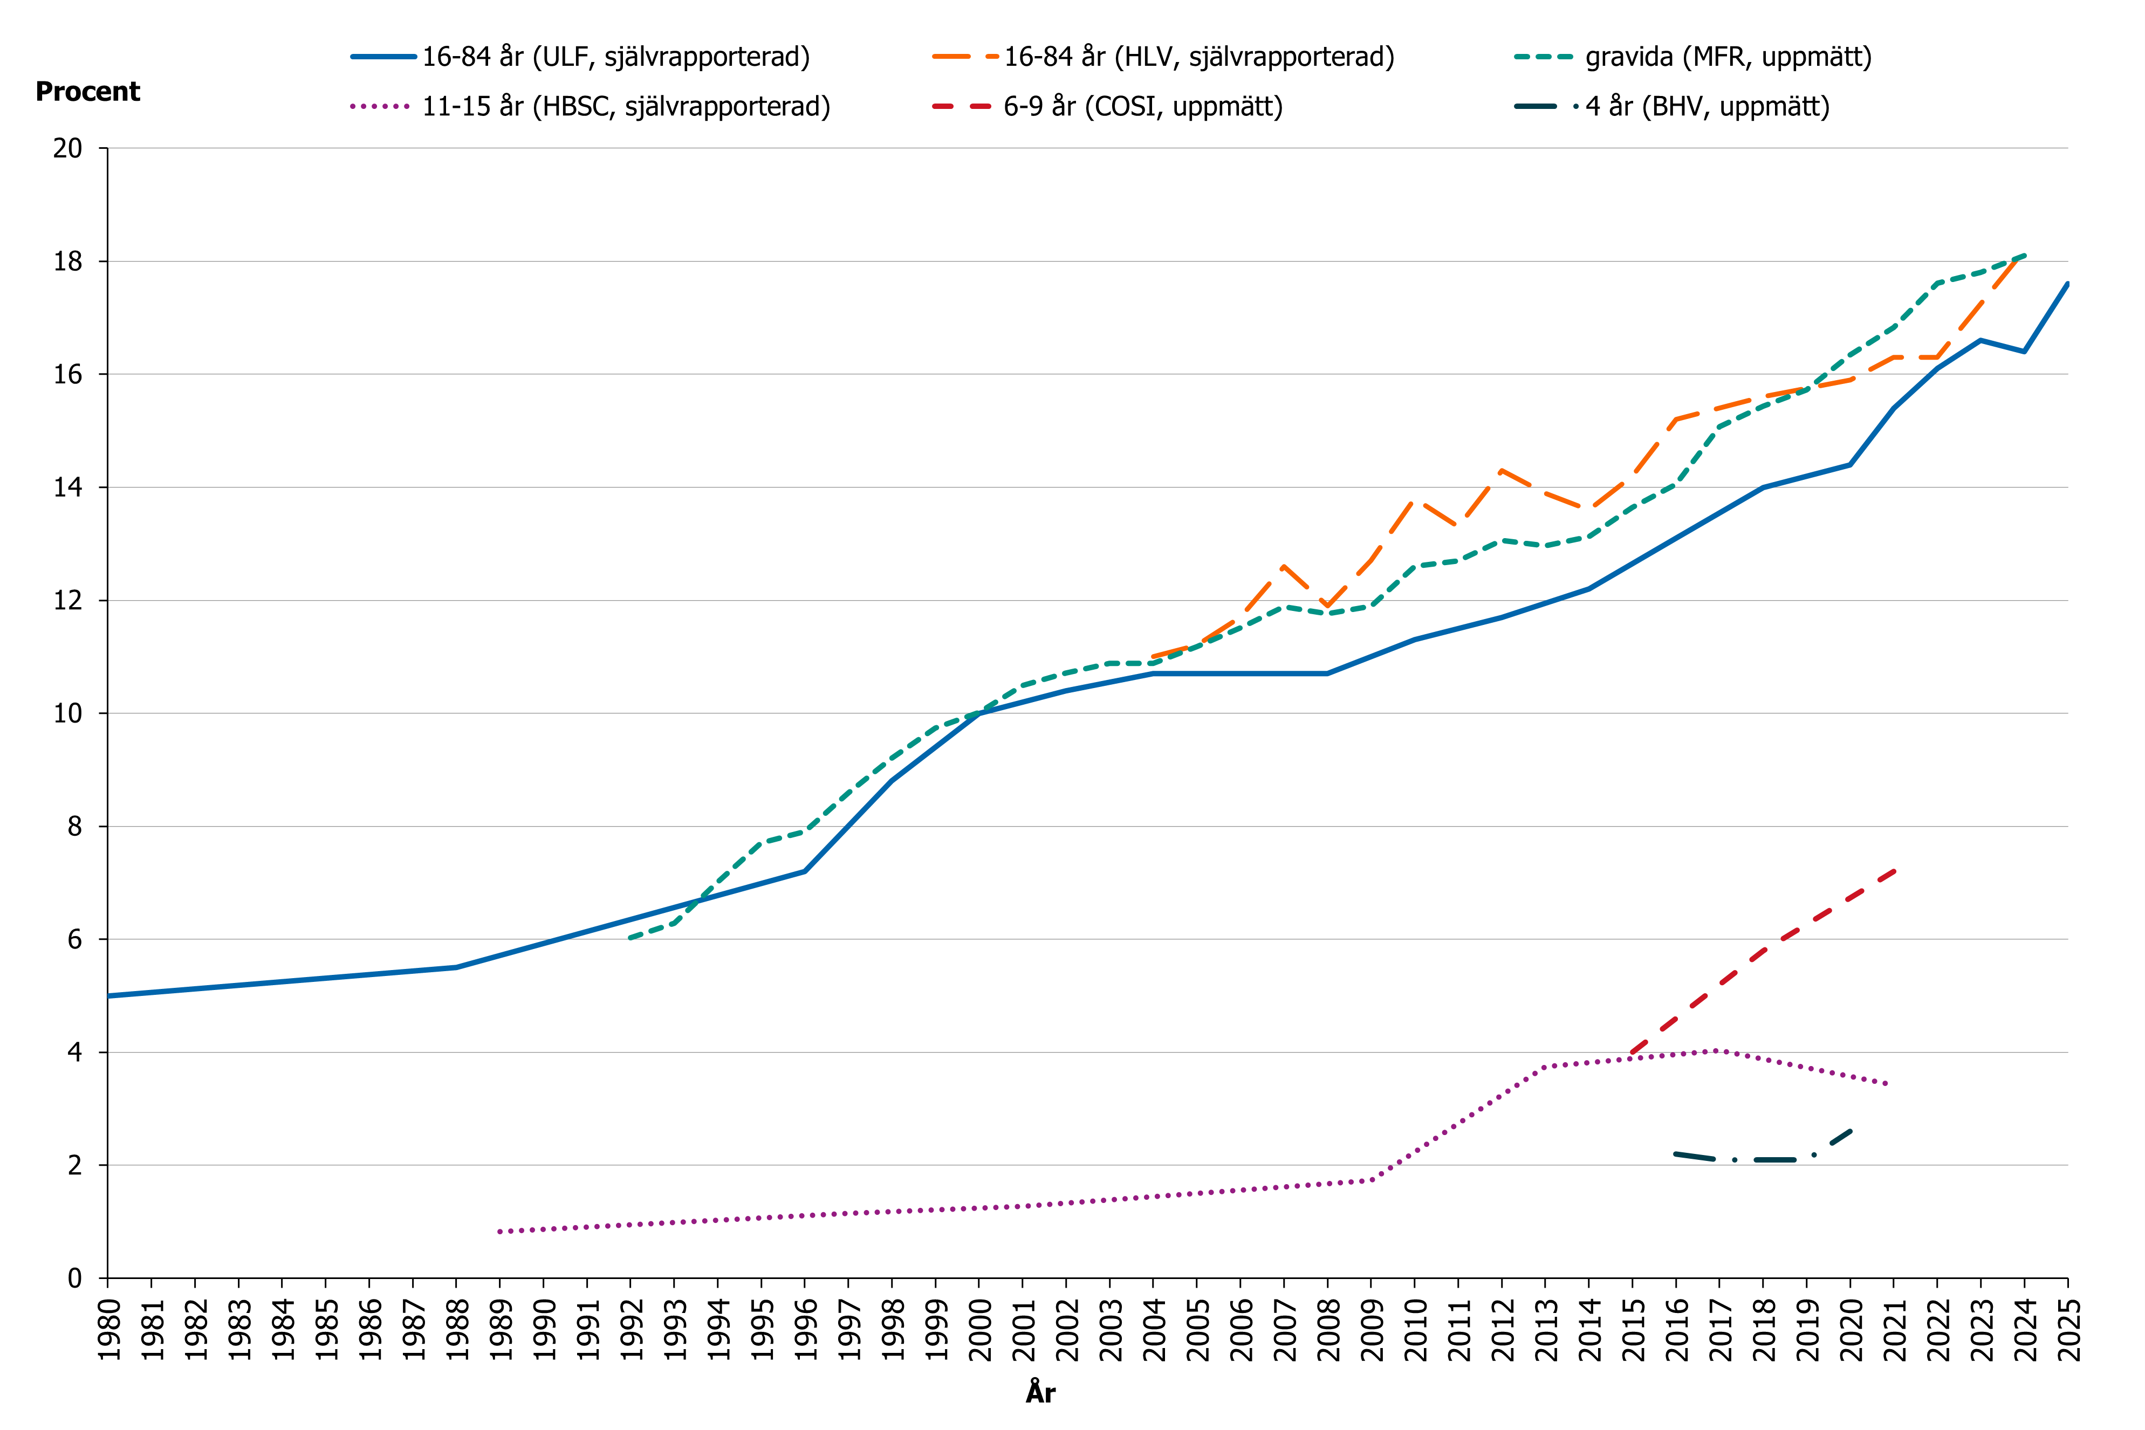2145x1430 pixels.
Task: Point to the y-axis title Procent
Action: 87,92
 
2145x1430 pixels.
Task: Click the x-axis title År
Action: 1040,1393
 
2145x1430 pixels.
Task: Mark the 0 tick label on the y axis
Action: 75,1278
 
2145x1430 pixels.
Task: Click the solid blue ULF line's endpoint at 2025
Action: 2067,284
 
